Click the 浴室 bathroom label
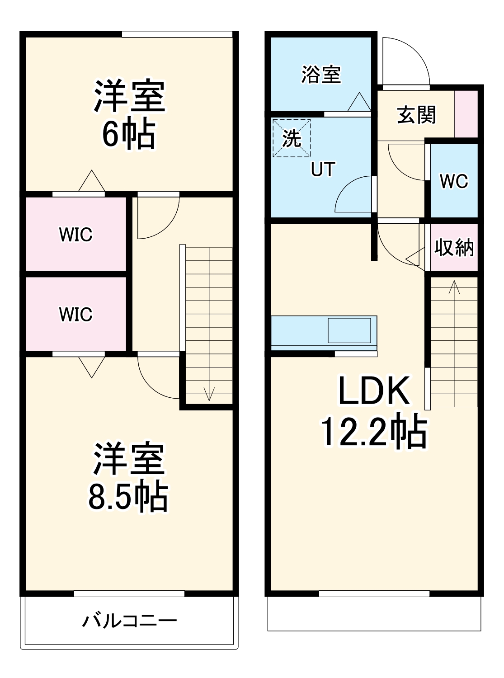(320, 75)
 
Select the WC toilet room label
(454, 181)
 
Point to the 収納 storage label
(454, 248)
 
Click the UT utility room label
(323, 169)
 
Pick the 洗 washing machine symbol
(292, 138)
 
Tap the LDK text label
(374, 391)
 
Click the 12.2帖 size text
(374, 432)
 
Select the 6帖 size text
(129, 134)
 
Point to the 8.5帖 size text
(128, 497)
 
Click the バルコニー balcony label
(129, 621)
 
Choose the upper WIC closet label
(75, 235)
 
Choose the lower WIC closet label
(75, 314)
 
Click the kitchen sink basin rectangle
(349, 330)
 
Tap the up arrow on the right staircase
(454, 287)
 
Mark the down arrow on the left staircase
(209, 393)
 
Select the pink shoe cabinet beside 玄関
(466, 114)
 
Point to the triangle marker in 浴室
(359, 103)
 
